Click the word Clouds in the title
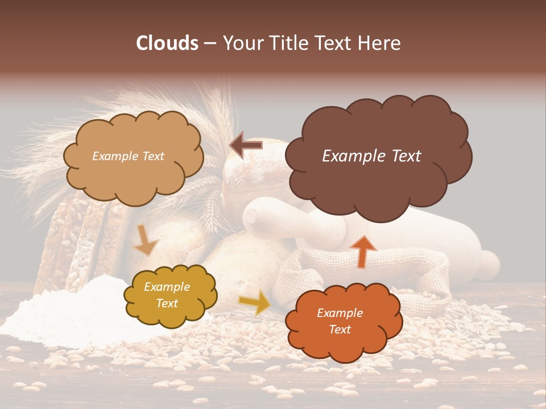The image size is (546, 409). tap(167, 43)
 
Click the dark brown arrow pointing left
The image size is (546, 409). tap(246, 145)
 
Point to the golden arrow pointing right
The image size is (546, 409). tap(254, 302)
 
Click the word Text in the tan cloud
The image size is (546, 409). tap(152, 156)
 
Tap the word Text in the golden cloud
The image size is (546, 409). tap(167, 303)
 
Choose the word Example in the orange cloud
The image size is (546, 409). tap(340, 313)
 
